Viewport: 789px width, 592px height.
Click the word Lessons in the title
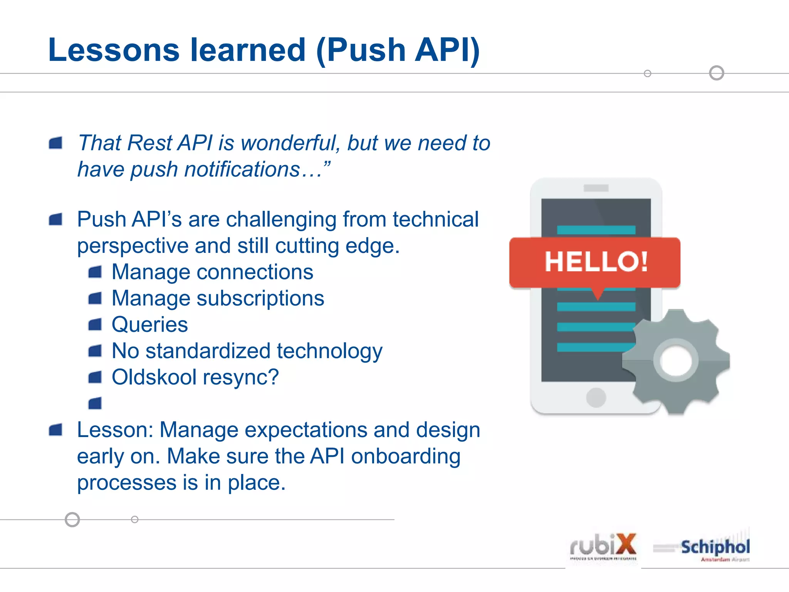[x=114, y=50]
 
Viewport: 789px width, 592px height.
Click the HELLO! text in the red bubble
[x=596, y=262]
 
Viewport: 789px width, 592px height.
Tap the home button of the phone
[x=596, y=397]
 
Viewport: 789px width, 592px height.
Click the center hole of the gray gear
[x=676, y=361]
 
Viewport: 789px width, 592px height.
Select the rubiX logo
[x=603, y=547]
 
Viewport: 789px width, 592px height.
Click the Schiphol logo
[x=715, y=547]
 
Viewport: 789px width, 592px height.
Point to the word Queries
[x=149, y=325]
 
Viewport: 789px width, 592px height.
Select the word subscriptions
[x=260, y=298]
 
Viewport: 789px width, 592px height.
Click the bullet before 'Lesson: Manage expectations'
[x=56, y=430]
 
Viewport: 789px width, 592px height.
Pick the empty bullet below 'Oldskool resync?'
[x=95, y=403]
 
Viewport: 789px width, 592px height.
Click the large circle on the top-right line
[x=716, y=73]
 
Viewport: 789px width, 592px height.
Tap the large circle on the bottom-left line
[x=72, y=519]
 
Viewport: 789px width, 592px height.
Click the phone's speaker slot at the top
[x=596, y=188]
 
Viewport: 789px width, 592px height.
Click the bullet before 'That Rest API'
[x=56, y=143]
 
